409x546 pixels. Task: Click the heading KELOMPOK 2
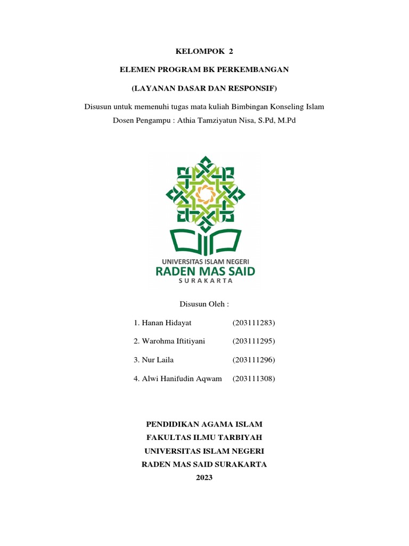204,52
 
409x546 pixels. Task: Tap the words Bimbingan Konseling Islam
277,107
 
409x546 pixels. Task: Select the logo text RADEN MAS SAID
204,271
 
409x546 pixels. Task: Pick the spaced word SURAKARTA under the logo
204,283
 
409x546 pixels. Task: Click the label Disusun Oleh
204,304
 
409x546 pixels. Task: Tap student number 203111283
253,323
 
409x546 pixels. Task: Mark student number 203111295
253,341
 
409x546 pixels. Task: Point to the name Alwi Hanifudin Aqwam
178,379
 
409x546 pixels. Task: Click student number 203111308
253,379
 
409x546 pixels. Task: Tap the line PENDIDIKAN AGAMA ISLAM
204,424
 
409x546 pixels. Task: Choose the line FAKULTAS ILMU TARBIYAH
204,438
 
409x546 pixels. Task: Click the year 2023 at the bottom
204,478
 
